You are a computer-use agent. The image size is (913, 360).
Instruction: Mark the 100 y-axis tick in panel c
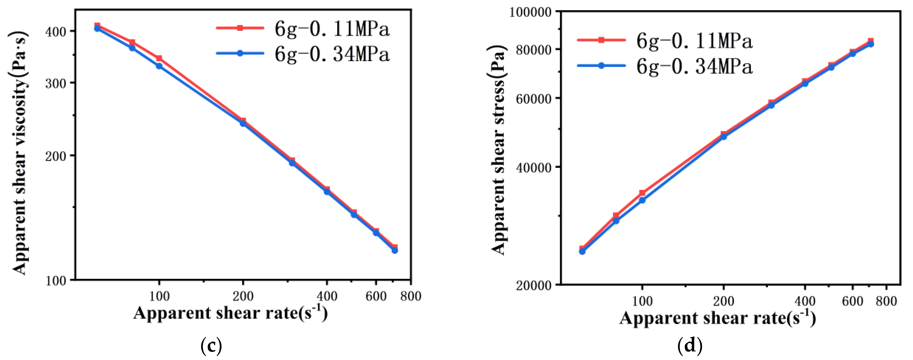56,281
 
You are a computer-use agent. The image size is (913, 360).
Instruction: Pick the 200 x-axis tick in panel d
723,301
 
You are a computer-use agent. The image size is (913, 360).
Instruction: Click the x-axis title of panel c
230,313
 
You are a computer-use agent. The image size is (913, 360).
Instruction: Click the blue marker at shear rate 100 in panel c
159,66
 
